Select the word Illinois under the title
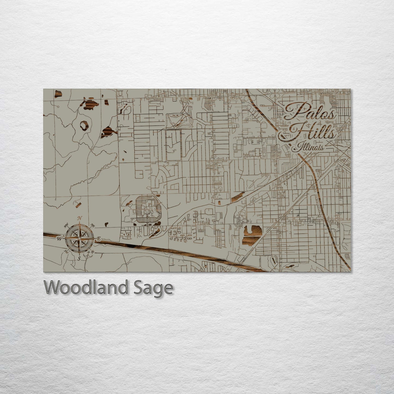point(308,147)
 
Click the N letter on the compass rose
point(80,218)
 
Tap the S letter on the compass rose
point(79,259)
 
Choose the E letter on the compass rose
point(99,239)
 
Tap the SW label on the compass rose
point(66,251)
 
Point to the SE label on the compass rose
point(92,252)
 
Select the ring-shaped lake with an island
point(84,125)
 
